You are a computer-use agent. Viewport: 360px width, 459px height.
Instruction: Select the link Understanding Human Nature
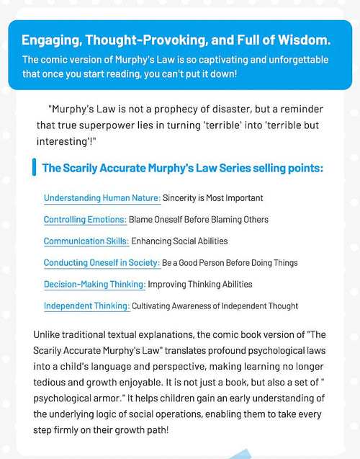(x=102, y=197)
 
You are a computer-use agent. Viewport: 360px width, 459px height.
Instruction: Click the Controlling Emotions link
(x=85, y=219)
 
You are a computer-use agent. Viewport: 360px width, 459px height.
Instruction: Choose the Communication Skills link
(x=86, y=241)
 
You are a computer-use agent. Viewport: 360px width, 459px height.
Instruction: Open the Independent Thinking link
(x=86, y=306)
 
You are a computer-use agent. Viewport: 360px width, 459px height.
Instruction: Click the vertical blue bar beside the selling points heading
(x=34, y=168)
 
